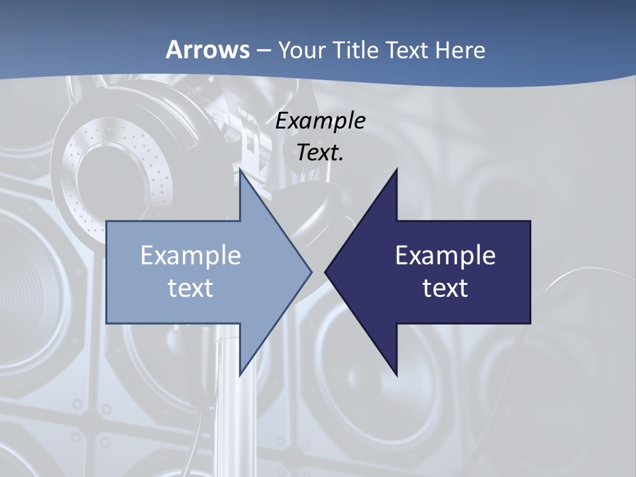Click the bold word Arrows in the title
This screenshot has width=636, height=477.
coord(207,50)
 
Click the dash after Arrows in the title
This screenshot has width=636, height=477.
coord(263,50)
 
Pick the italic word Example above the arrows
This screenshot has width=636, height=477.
coord(321,121)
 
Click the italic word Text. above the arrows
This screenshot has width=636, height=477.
coord(321,152)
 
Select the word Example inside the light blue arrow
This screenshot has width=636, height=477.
coord(191,255)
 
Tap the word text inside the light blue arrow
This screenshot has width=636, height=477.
coord(191,288)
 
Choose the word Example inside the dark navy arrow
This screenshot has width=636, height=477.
coord(445,255)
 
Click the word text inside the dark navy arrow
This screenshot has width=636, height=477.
coord(445,288)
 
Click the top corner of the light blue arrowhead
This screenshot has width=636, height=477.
coord(240,171)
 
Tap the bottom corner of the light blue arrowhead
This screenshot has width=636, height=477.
coord(240,374)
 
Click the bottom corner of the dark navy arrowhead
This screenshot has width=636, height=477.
coord(396,374)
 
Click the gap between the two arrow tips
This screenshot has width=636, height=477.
coord(318,272)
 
